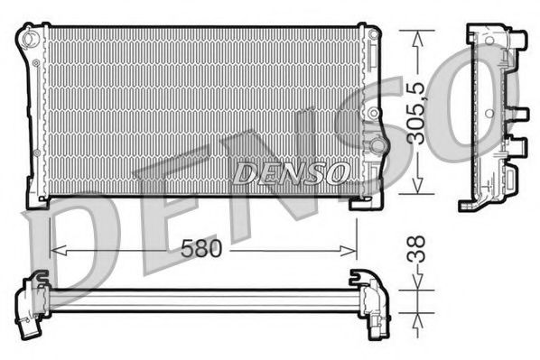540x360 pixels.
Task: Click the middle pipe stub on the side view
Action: point(520,115)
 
